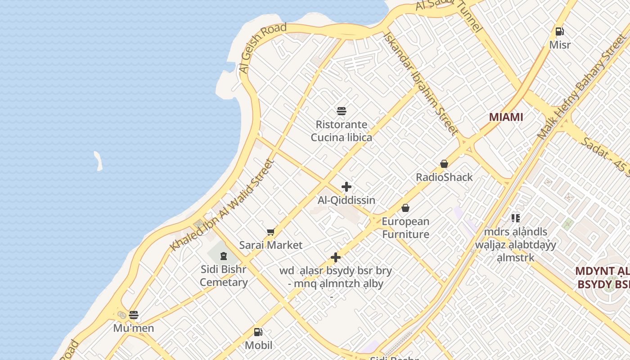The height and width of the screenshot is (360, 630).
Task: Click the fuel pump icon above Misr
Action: (560, 31)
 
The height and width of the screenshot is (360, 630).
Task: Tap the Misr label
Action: (560, 45)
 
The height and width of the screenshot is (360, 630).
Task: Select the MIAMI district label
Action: (506, 117)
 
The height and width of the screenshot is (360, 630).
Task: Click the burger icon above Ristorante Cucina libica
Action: (342, 111)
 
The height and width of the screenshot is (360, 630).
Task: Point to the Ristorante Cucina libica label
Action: (342, 131)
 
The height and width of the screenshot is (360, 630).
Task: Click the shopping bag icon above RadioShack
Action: (444, 164)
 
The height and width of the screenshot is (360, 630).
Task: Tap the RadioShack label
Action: (444, 177)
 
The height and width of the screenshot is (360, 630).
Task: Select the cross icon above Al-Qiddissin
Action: (346, 187)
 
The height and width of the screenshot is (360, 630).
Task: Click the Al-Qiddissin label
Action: (346, 200)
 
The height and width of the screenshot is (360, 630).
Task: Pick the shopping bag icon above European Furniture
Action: (405, 208)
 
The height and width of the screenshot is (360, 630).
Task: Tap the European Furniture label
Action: (405, 228)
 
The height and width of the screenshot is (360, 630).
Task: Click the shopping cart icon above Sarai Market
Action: (270, 232)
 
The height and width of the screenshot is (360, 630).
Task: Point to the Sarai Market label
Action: (270, 245)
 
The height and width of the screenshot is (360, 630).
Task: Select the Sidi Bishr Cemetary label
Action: (224, 276)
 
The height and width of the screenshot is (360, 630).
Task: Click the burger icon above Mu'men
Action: (134, 315)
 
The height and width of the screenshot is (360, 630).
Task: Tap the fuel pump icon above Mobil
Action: (258, 332)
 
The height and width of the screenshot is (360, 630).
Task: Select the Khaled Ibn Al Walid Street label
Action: (222, 206)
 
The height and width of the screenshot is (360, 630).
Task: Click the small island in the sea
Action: (98, 161)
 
